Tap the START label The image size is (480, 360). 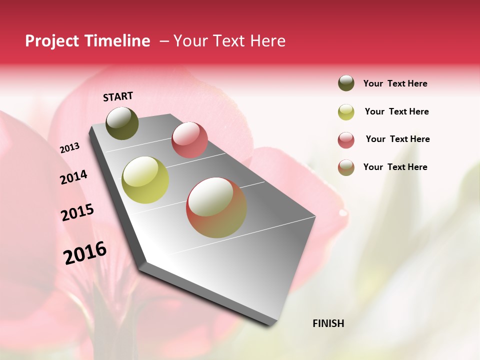tap(118, 96)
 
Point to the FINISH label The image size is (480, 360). tap(328, 323)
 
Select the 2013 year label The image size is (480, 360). tap(69, 148)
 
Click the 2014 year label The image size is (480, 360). tap(73, 177)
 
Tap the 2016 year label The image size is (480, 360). tap(85, 252)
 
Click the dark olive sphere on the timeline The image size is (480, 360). tap(122, 123)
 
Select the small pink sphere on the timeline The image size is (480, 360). tap(189, 139)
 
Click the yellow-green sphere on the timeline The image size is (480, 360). tap(145, 180)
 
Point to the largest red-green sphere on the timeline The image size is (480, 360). tap(216, 207)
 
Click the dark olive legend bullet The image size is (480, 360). tap(346, 83)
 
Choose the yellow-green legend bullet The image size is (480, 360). tap(346, 111)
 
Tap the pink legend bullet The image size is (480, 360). tap(346, 139)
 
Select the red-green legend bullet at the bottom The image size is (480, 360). tap(346, 167)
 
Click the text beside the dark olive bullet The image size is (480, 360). tap(395, 83)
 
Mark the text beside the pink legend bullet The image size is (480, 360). tap(397, 139)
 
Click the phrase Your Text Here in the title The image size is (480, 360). tap(229, 41)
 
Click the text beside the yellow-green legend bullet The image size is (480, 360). tap(396, 111)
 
